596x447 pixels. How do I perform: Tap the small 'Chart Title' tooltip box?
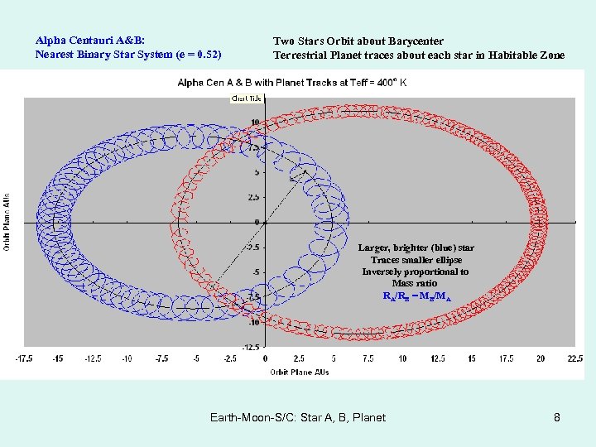(x=245, y=99)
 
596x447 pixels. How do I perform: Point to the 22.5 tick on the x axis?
(x=575, y=358)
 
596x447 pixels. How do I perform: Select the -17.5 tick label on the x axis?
(x=24, y=358)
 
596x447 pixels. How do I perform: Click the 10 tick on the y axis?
(x=255, y=123)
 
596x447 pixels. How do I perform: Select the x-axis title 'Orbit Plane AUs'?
(x=299, y=372)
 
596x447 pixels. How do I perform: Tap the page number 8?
(x=557, y=417)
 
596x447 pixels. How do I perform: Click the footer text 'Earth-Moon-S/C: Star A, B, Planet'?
(x=298, y=417)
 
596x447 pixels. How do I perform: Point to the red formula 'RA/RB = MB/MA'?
(x=416, y=296)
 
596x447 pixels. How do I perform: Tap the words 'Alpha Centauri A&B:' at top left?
(x=90, y=40)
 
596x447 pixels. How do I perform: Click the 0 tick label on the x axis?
(x=265, y=358)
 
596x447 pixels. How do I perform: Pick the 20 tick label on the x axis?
(x=541, y=358)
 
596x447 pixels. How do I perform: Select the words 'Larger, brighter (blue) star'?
(x=416, y=248)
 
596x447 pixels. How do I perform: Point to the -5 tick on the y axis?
(x=255, y=272)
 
